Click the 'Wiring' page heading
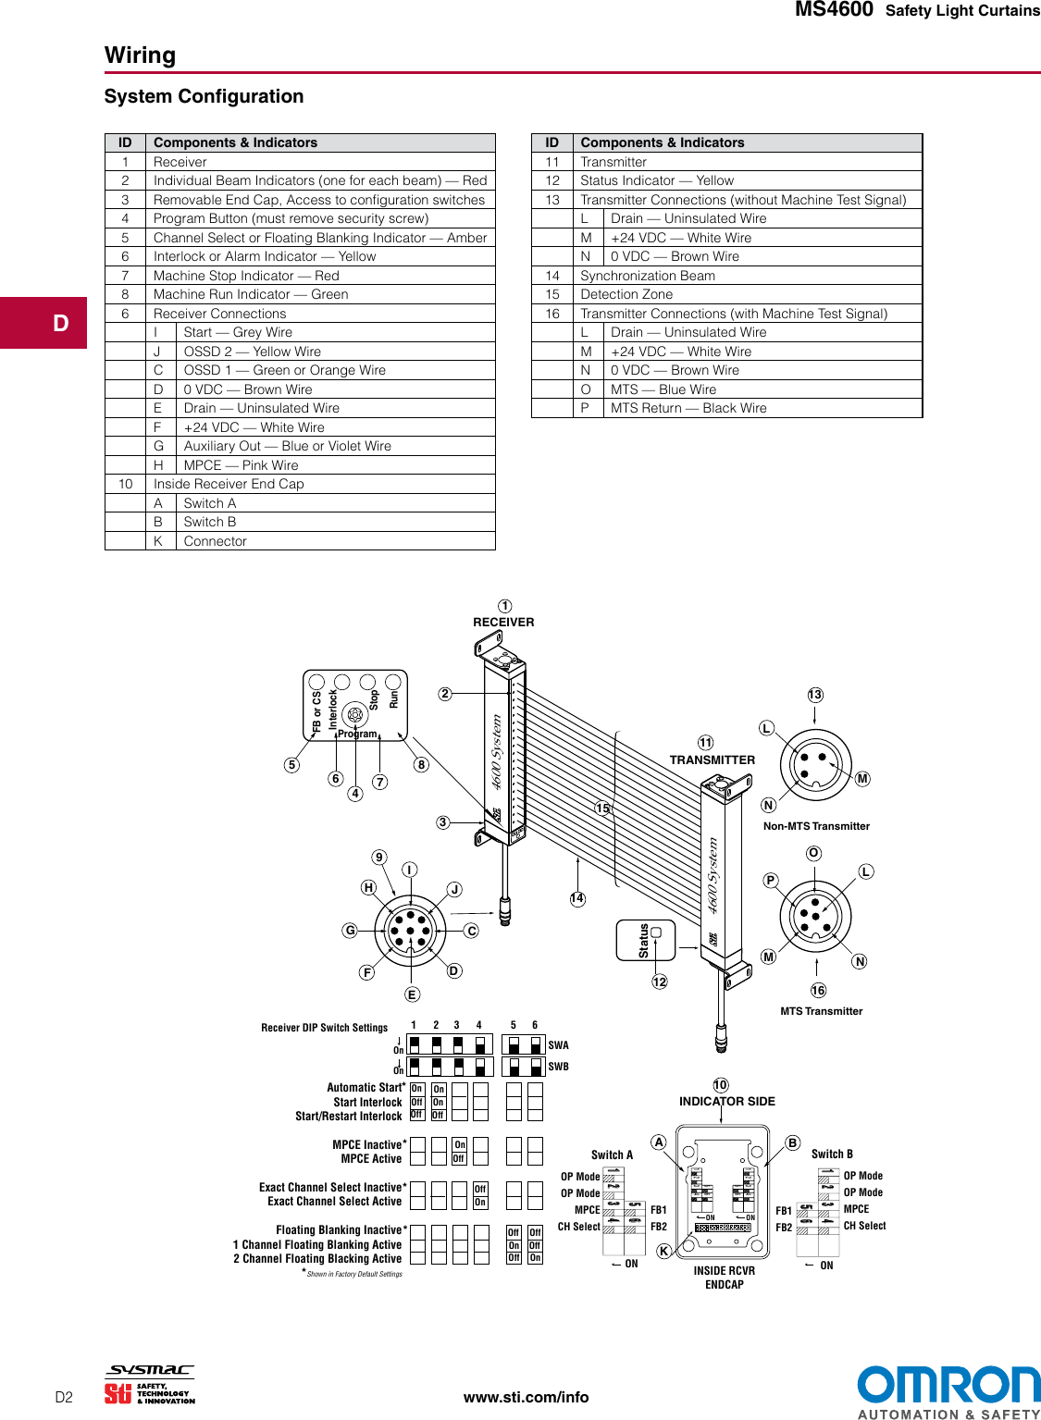click(140, 56)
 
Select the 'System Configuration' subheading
click(204, 96)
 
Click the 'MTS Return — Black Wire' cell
click(688, 408)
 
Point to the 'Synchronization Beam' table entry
click(647, 276)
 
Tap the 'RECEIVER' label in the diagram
click(503, 623)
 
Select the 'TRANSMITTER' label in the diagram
click(712, 760)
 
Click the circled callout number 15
click(602, 809)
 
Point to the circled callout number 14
click(577, 898)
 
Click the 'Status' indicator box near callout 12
click(646, 940)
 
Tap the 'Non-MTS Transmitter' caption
click(816, 826)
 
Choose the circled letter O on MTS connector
click(813, 853)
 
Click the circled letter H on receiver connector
click(368, 887)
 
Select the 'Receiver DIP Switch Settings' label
click(324, 1028)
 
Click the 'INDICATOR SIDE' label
click(727, 1101)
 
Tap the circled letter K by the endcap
click(663, 1251)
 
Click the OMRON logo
click(948, 1385)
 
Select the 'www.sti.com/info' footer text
click(526, 1397)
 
